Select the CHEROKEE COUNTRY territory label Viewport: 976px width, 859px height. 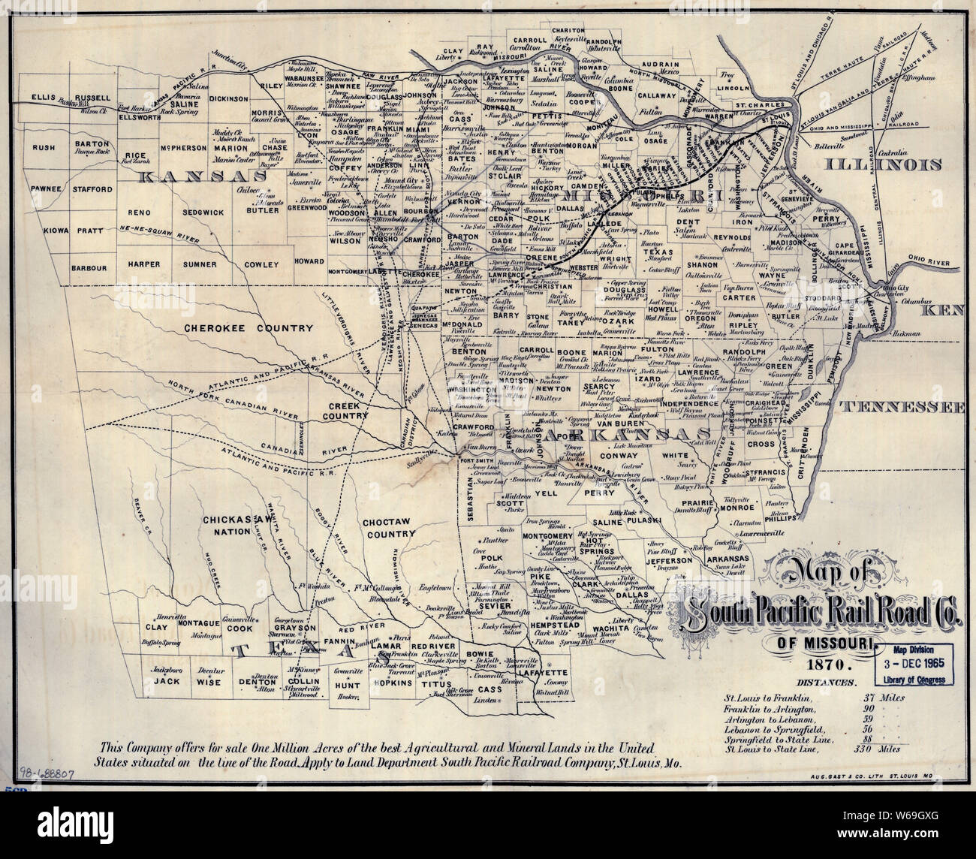(237, 329)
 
